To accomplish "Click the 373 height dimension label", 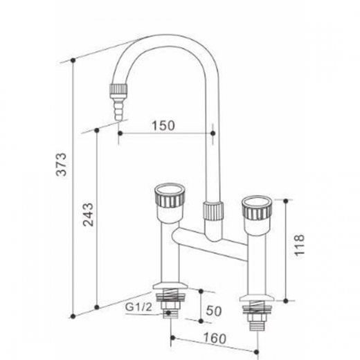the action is [x=62, y=164].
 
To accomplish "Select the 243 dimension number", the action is [x=88, y=215].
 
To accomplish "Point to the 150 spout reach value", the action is [x=163, y=126].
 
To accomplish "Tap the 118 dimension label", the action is [x=299, y=244].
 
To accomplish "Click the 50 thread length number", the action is [x=214, y=311].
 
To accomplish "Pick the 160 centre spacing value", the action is [x=215, y=339].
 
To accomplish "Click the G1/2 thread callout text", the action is [x=138, y=307].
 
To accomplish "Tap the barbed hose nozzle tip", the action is [x=118, y=109].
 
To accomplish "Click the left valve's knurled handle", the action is [x=170, y=195].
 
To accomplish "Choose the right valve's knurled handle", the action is [x=258, y=208].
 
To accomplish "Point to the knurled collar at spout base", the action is [x=213, y=210].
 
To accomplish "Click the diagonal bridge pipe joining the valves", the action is [x=209, y=244].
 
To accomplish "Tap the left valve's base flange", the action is [x=170, y=286].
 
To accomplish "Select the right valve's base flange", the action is [x=257, y=298].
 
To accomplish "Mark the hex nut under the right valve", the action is [x=257, y=317].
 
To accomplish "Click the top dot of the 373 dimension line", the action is [x=73, y=60].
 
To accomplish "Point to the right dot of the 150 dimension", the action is [x=213, y=134].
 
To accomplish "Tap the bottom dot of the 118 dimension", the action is [x=286, y=300].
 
